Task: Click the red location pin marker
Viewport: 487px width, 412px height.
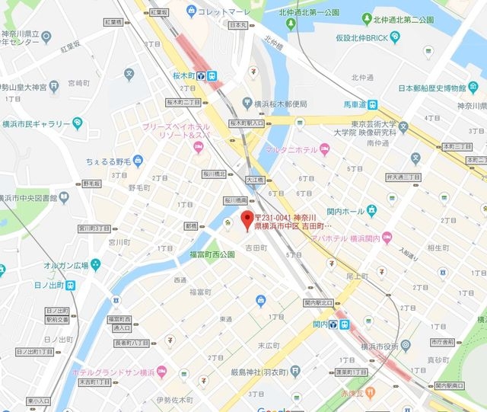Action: tap(246, 222)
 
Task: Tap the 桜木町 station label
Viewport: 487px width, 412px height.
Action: tap(183, 75)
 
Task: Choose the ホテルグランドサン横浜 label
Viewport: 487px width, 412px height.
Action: tap(113, 372)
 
